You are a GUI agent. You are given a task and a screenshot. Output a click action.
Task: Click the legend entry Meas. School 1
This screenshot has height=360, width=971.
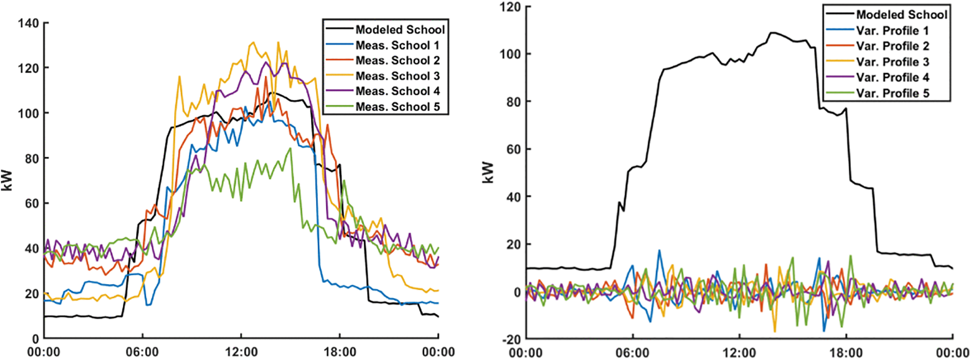point(397,45)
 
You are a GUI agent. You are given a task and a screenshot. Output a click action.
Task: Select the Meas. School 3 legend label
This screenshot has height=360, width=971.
point(397,76)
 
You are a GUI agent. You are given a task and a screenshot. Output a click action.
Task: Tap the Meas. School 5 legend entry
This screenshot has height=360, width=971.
point(397,107)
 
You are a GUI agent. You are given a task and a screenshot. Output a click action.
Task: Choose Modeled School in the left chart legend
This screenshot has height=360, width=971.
point(399,30)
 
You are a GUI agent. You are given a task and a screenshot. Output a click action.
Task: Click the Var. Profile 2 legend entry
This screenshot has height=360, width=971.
point(892,46)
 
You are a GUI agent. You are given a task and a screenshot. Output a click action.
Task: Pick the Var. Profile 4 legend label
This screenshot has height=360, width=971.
point(892,77)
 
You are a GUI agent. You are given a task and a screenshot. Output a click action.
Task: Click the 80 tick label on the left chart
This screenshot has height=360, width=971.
point(32,158)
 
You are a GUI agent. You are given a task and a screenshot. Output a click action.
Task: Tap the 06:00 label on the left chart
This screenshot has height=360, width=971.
point(142,352)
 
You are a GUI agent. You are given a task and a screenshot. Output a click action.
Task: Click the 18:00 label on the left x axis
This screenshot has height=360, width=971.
point(339,352)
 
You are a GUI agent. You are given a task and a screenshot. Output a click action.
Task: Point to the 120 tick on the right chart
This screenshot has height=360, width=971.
point(508,7)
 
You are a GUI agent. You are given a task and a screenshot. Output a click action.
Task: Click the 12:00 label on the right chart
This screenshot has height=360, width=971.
point(739,353)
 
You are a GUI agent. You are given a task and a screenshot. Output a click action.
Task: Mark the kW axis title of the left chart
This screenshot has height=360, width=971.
point(7,181)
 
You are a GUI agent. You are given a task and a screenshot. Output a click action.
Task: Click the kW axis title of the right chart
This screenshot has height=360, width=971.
point(487,173)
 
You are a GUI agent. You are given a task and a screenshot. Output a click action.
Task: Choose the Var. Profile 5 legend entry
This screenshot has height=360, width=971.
point(892,93)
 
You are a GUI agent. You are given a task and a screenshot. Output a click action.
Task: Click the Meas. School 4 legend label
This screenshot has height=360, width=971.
point(397,91)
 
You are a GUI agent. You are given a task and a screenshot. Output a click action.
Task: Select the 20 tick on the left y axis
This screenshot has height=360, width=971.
point(32,294)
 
